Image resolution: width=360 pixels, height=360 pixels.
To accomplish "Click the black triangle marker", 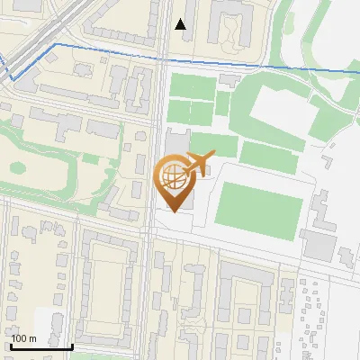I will [x=181, y=24].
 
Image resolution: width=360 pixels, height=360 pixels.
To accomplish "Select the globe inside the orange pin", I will [x=173, y=178].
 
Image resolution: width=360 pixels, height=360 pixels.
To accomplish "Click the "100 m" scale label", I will [x=24, y=337].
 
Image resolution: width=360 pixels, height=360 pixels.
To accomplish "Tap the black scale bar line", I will [x=41, y=346].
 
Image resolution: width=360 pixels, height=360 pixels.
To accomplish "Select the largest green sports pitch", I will [x=260, y=205].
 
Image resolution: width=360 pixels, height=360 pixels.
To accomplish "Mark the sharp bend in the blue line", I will [x=56, y=43].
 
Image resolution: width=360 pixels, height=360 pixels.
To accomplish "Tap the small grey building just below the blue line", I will [x=230, y=79].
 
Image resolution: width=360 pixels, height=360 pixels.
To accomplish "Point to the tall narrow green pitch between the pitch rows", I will [x=222, y=104].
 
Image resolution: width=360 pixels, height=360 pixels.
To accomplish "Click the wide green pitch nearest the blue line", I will [x=191, y=86].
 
